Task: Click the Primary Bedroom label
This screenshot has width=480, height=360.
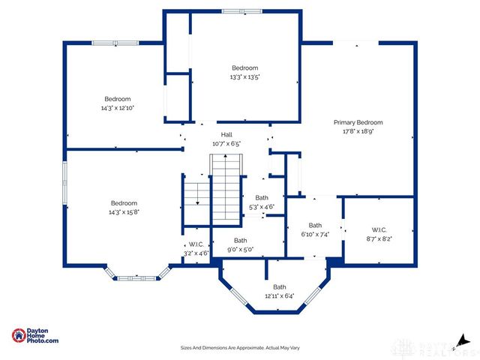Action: click(x=358, y=122)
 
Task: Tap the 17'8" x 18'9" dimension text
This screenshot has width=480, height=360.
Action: click(x=358, y=131)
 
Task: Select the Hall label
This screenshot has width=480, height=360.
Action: click(x=226, y=134)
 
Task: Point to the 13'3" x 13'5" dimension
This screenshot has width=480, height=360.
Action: click(x=245, y=76)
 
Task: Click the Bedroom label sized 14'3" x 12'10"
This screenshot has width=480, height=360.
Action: click(x=117, y=99)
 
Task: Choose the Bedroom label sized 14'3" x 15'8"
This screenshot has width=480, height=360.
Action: click(x=124, y=203)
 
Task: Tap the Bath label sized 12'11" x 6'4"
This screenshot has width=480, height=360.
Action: click(x=279, y=286)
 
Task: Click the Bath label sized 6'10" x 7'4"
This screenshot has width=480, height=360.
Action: click(x=315, y=225)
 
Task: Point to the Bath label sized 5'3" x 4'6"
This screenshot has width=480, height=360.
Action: click(x=261, y=198)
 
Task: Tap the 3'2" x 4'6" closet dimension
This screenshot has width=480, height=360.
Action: click(x=196, y=253)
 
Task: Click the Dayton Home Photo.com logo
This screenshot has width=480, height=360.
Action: click(x=35, y=336)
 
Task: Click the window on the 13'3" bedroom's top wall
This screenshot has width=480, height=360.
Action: click(x=242, y=10)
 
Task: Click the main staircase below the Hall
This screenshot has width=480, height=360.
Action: click(x=226, y=187)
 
